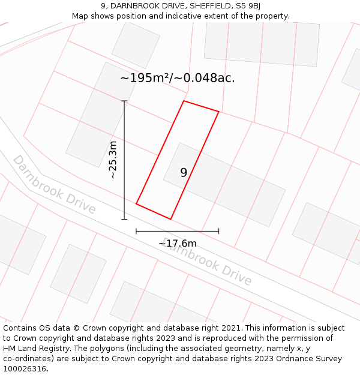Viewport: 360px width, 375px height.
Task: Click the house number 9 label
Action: (x=184, y=173)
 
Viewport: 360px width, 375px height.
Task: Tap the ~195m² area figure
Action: (x=145, y=78)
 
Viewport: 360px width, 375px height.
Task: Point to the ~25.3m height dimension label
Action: (x=113, y=160)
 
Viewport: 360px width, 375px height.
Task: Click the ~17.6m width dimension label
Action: (x=177, y=244)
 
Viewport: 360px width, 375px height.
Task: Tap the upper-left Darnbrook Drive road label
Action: (x=54, y=184)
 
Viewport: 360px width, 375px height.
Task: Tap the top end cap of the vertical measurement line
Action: (x=124, y=101)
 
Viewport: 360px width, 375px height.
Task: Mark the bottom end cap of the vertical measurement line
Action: (x=124, y=219)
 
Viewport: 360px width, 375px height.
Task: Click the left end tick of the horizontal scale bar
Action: (x=136, y=230)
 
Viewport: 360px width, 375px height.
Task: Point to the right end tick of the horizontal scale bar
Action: (x=218, y=230)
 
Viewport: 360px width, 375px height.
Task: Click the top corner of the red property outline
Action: (x=184, y=101)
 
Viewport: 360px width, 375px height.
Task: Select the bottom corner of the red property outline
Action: (x=171, y=219)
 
